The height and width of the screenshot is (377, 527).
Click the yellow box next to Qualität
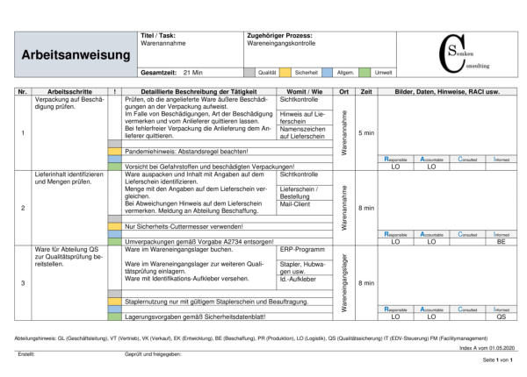pyautogui.click(x=285, y=73)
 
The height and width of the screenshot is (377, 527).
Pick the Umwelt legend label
pyautogui.click(x=384, y=73)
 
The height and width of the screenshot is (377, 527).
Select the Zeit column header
pyautogui.click(x=367, y=91)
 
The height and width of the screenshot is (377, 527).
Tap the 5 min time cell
pyautogui.click(x=367, y=132)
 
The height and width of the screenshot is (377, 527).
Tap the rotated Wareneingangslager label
pyautogui.click(x=346, y=282)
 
